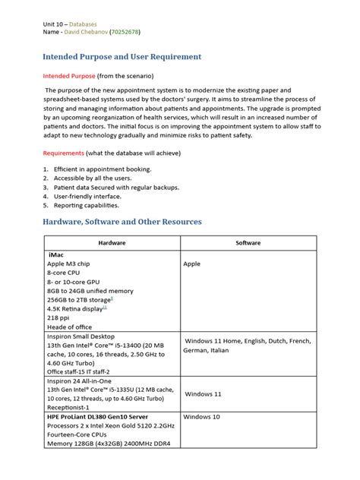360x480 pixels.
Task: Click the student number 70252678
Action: coord(124,33)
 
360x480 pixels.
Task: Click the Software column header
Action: coord(248,243)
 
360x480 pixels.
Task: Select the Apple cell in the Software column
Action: coord(191,264)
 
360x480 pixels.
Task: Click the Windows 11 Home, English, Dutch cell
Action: coord(248,341)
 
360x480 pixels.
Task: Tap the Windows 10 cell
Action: coord(201,417)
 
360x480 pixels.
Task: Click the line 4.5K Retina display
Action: coord(76,308)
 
